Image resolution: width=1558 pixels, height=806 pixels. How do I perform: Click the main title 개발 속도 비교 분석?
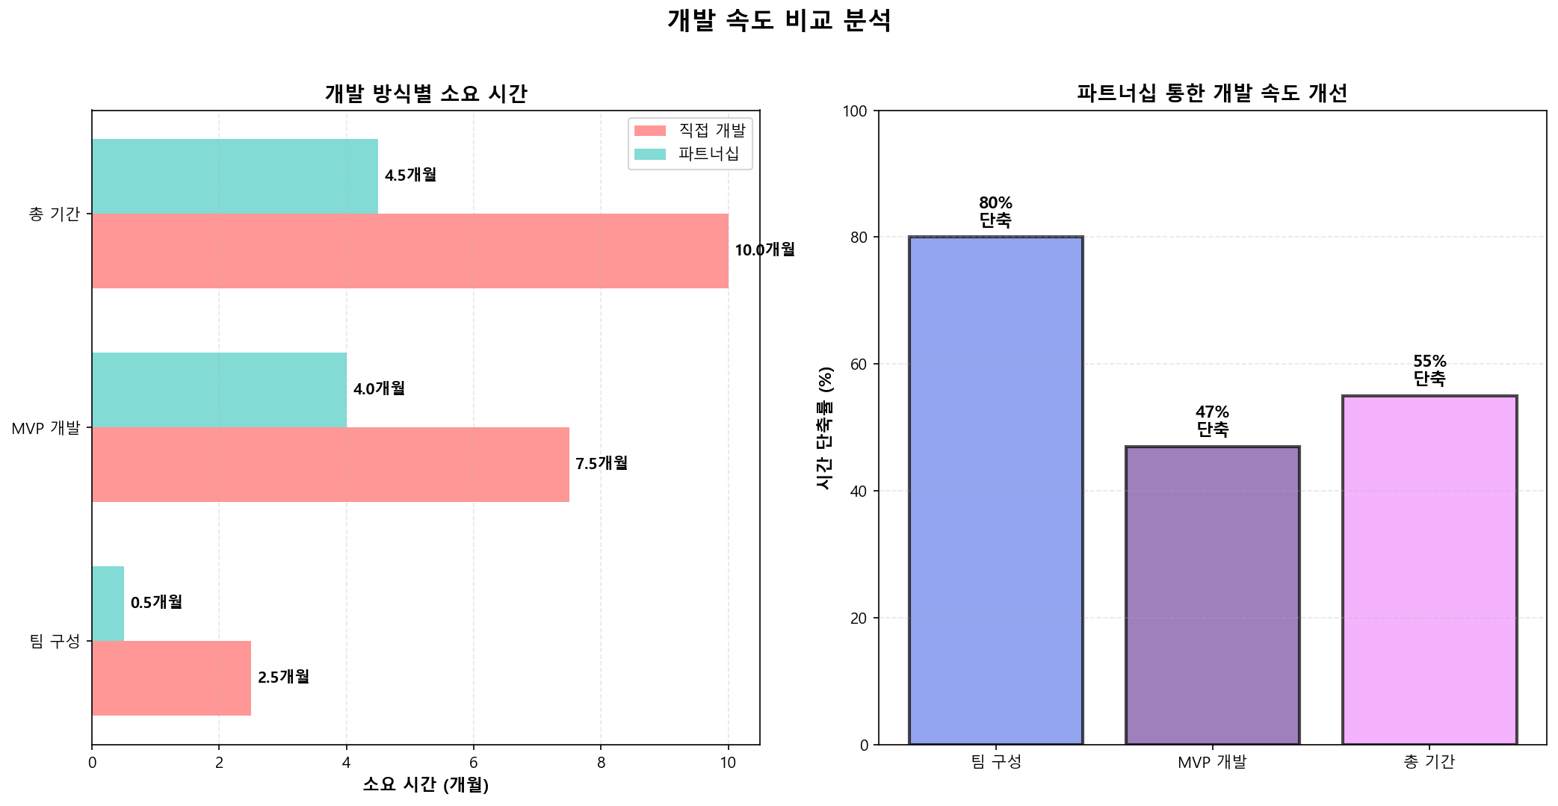779,20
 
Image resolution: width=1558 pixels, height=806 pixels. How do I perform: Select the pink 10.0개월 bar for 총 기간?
409,251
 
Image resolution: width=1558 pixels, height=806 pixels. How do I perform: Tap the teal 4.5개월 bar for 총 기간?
235,176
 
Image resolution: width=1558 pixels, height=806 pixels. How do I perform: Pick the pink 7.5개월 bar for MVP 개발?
330,465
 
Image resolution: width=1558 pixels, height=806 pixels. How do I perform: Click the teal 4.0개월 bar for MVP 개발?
219,390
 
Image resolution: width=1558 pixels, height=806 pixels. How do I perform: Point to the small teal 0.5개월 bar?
108,604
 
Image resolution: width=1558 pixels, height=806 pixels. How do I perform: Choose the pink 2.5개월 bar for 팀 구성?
171,678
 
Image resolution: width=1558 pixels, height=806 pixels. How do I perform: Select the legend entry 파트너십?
708,154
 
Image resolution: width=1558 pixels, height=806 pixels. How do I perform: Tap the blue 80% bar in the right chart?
995,491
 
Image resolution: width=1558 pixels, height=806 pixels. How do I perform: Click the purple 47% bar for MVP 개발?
1212,595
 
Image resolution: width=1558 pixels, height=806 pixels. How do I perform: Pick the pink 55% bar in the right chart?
1429,570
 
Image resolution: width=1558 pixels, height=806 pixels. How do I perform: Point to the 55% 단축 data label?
1429,371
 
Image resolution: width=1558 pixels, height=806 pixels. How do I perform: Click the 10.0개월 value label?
764,250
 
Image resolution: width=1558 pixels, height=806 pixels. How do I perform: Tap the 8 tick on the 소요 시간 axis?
601,763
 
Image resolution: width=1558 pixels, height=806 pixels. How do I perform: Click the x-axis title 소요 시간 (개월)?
425,784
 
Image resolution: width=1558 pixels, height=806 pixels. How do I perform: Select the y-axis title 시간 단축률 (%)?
824,428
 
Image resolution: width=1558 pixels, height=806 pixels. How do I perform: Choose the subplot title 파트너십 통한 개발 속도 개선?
1211,93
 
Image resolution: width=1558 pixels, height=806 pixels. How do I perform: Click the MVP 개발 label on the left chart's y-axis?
46,428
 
